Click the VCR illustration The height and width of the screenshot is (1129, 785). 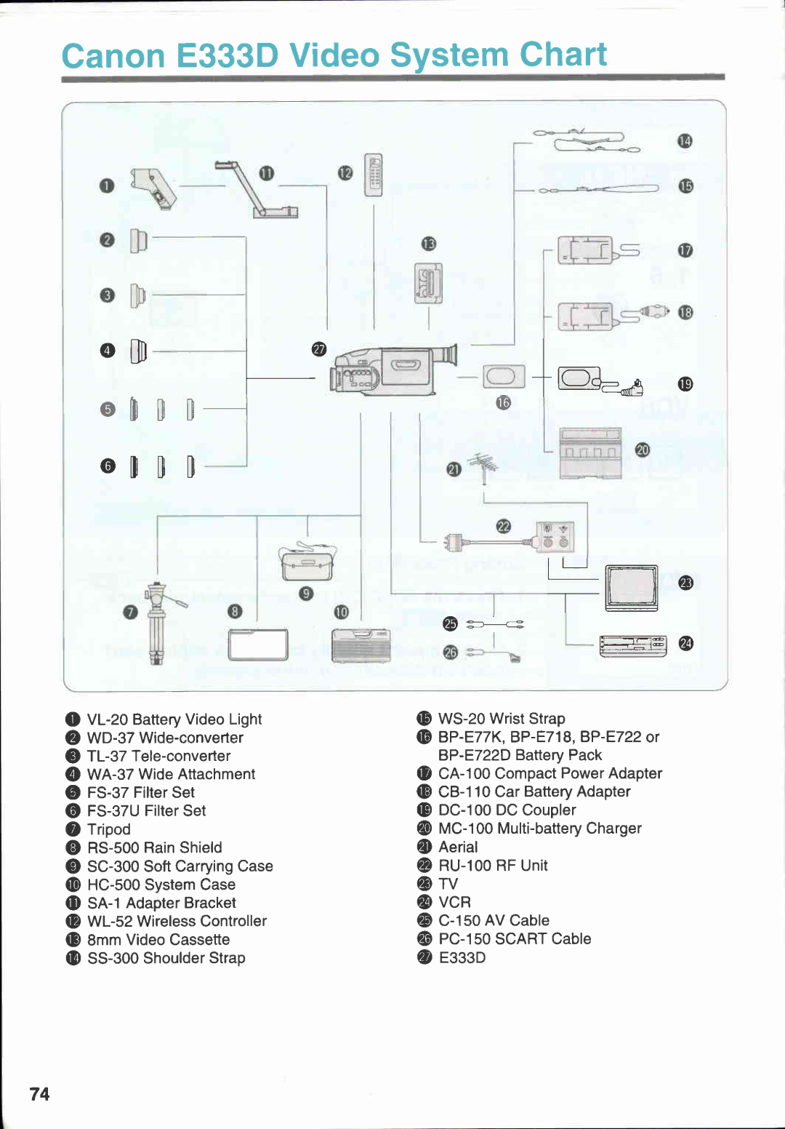[632, 645]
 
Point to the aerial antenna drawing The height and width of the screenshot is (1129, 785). [483, 468]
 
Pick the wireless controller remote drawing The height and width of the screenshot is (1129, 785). [374, 175]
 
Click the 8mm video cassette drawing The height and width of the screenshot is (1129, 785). [428, 283]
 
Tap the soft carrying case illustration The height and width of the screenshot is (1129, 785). [307, 563]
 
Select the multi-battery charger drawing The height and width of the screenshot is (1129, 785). [590, 453]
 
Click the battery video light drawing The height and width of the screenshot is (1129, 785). [153, 188]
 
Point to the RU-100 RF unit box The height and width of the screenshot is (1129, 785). [555, 538]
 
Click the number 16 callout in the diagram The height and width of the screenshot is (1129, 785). [504, 402]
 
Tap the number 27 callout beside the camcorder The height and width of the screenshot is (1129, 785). [319, 349]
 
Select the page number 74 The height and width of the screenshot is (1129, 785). [40, 1094]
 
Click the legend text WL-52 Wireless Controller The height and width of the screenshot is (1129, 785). [177, 921]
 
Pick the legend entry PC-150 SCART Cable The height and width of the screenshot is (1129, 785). [515, 939]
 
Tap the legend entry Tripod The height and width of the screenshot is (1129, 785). [109, 829]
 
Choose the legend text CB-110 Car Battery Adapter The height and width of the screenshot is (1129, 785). [534, 791]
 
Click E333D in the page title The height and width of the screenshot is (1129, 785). [227, 56]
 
